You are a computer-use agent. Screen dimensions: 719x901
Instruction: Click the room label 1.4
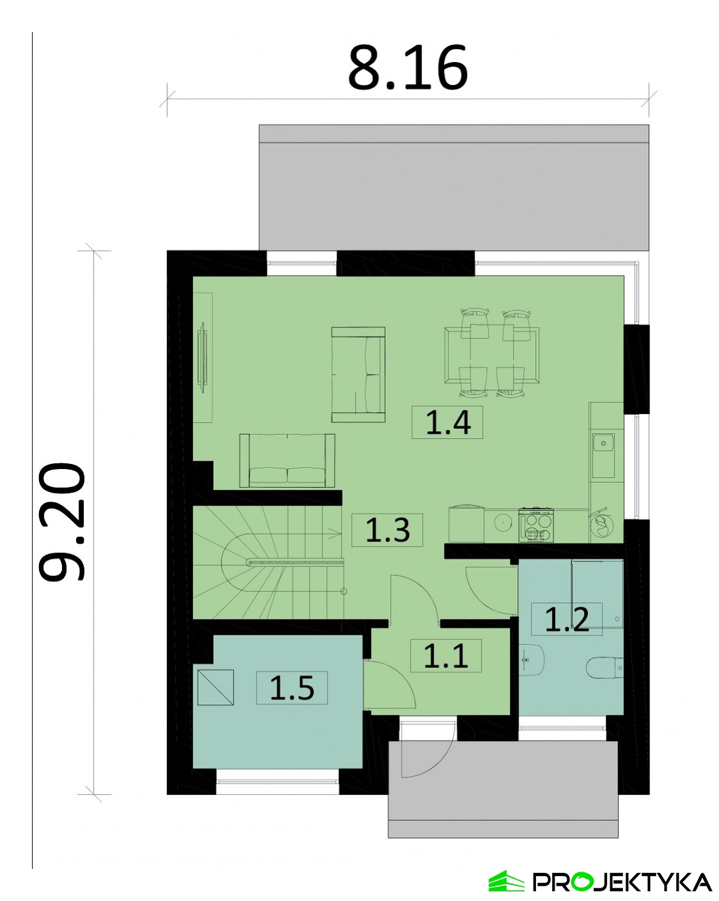point(447,422)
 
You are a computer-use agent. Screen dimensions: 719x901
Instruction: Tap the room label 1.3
point(387,530)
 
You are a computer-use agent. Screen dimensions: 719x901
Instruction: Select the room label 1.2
point(567,619)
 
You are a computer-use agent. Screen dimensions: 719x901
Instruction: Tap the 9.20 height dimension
point(62,522)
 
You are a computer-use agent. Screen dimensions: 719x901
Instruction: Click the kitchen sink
point(603,455)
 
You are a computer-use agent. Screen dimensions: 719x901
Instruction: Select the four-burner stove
point(535,525)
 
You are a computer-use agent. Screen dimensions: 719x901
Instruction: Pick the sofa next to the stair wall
point(287,461)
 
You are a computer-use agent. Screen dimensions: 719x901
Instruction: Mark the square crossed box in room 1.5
point(216,687)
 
